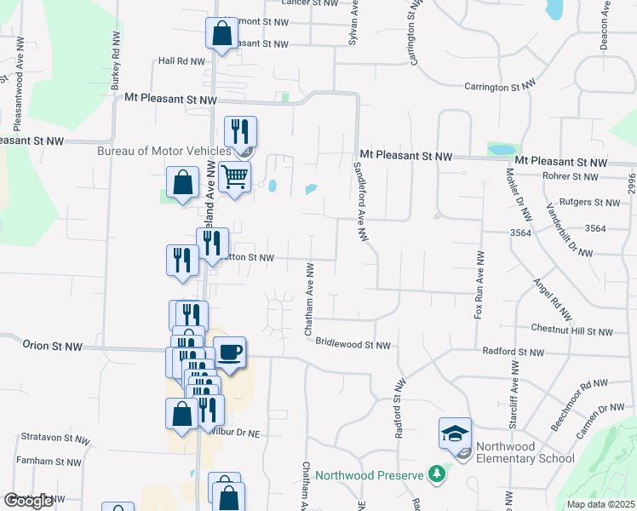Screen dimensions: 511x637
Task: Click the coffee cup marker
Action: pos(229,352)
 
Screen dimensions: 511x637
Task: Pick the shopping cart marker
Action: pos(234,177)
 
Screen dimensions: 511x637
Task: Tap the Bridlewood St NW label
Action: pos(353,345)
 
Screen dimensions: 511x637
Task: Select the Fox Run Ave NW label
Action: pos(479,285)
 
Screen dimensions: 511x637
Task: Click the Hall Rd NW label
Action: pos(182,61)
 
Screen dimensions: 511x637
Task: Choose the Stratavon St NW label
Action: pos(52,438)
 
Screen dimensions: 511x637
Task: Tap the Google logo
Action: pos(29,501)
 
